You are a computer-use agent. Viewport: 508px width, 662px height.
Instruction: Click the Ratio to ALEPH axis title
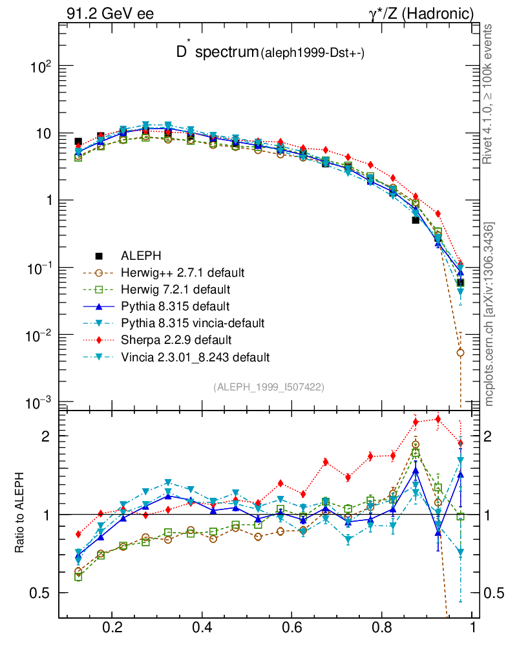[20, 514]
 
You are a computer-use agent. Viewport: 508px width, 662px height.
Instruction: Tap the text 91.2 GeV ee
[110, 13]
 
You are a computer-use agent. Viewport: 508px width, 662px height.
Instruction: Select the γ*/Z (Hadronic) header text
[421, 13]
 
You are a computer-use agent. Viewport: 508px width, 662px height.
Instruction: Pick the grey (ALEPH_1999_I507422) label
[268, 387]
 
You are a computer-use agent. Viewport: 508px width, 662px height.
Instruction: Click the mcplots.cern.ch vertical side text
[489, 314]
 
